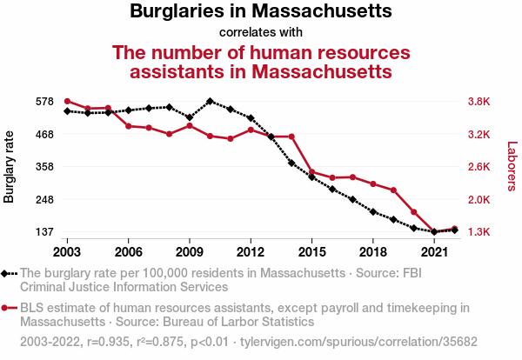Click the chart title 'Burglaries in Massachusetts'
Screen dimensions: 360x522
[x=261, y=12]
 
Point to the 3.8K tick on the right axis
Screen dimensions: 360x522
[x=478, y=102]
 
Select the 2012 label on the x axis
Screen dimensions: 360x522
[x=251, y=251]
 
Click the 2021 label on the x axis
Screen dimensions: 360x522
[x=433, y=251]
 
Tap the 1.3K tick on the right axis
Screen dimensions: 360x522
[x=478, y=232]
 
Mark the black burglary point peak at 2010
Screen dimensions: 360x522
[x=210, y=102]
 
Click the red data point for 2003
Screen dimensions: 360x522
[x=67, y=102]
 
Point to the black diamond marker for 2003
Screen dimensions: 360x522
[x=67, y=111]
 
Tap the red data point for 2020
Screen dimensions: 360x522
[x=413, y=212]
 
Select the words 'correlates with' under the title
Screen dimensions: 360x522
[x=261, y=33]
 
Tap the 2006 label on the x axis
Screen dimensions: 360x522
[x=128, y=251]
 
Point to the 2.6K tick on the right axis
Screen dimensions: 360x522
[x=478, y=167]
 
